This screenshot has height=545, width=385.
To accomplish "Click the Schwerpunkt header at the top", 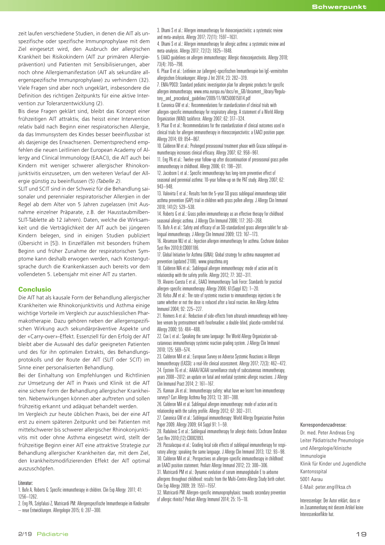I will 339,7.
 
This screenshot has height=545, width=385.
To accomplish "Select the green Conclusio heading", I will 35,289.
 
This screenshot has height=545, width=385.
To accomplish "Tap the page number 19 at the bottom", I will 361,534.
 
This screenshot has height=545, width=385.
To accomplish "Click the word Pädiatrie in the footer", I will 52,534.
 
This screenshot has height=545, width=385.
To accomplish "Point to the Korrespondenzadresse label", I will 323,425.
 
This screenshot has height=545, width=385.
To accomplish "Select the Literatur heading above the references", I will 26,483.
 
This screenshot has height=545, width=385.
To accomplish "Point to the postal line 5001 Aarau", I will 311,479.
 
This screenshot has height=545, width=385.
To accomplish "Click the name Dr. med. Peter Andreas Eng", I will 327,433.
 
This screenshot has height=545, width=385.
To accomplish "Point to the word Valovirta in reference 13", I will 171,193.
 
